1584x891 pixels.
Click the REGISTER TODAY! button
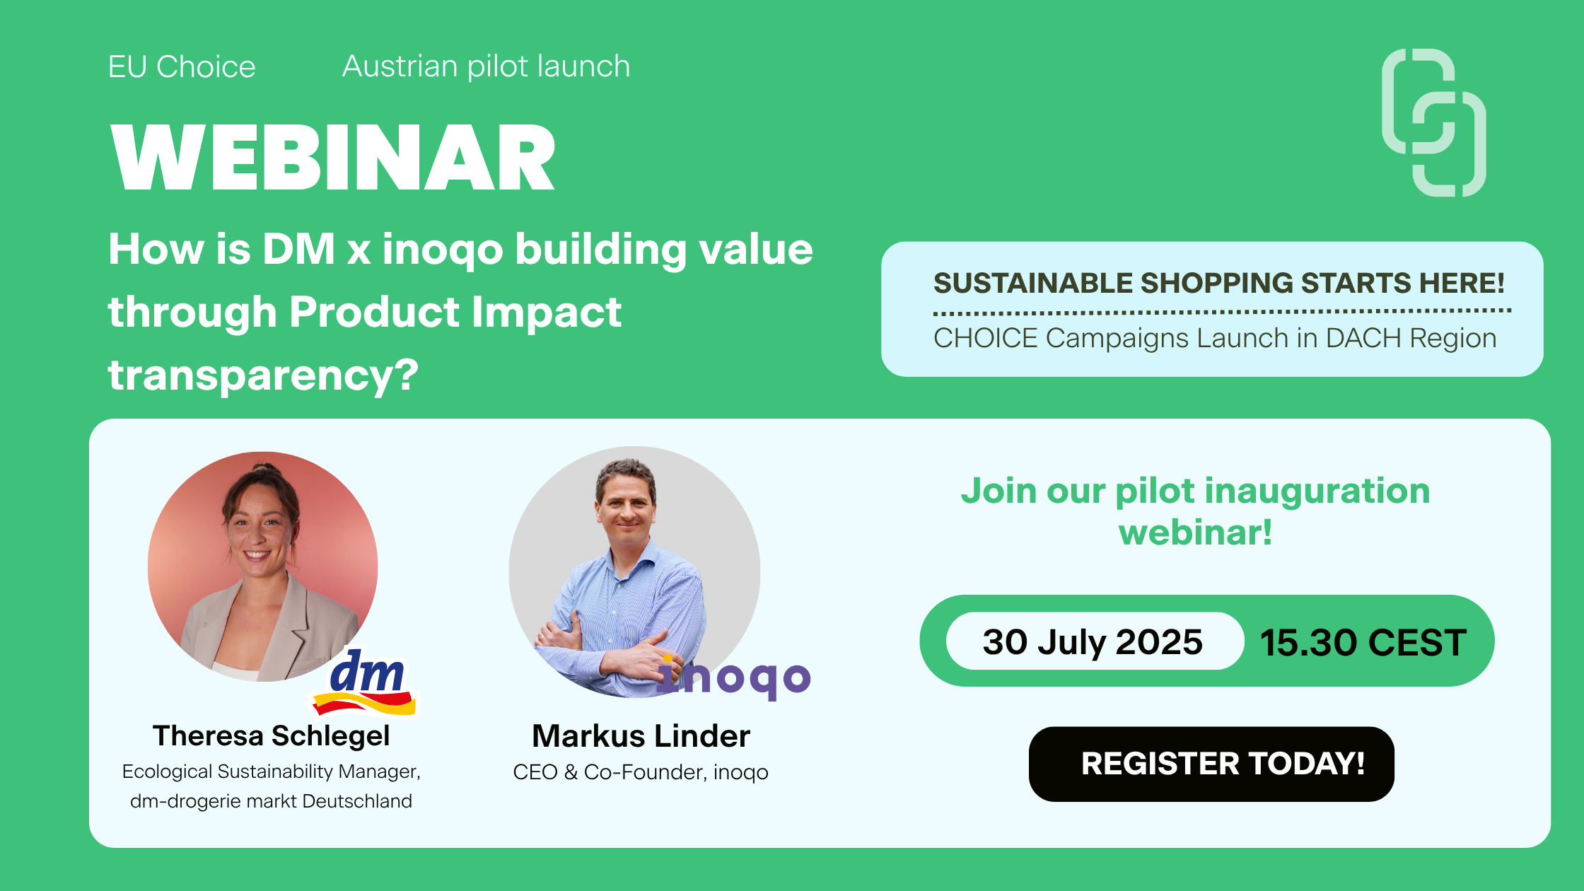pyautogui.click(x=1211, y=764)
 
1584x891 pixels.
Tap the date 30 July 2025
pyautogui.click(x=1093, y=641)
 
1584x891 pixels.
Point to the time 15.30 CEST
pyautogui.click(x=1363, y=642)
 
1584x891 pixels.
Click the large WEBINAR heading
pyautogui.click(x=333, y=157)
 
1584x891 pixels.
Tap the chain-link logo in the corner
pyautogui.click(x=1434, y=122)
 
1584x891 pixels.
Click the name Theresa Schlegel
pyautogui.click(x=271, y=735)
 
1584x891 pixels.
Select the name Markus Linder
pyautogui.click(x=641, y=735)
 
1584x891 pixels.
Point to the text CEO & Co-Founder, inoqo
pyautogui.click(x=641, y=771)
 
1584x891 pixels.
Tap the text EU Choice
pyautogui.click(x=182, y=67)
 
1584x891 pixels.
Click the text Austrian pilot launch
pyautogui.click(x=487, y=66)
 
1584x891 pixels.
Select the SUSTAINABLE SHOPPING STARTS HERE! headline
pyautogui.click(x=1219, y=283)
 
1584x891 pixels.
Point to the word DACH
pyautogui.click(x=1364, y=338)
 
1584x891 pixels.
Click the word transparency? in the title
pyautogui.click(x=263, y=375)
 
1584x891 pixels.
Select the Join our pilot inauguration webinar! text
pyautogui.click(x=1195, y=511)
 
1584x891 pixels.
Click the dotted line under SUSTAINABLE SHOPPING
pyautogui.click(x=1222, y=310)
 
